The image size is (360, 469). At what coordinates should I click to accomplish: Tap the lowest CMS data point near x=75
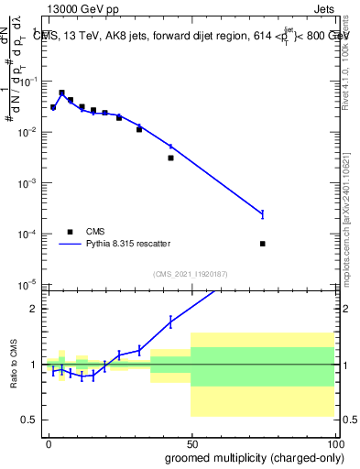pyautogui.click(x=263, y=244)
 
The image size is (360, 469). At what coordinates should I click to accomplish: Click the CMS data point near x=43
pyautogui.click(x=171, y=158)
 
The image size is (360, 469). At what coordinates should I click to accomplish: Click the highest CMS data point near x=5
pyautogui.click(x=61, y=93)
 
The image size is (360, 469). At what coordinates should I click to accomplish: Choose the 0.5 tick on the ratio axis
pyautogui.click(x=32, y=420)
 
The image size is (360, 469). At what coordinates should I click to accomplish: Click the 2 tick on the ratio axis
pyautogui.click(x=37, y=309)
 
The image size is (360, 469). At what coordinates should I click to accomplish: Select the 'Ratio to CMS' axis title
pyautogui.click(x=13, y=364)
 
